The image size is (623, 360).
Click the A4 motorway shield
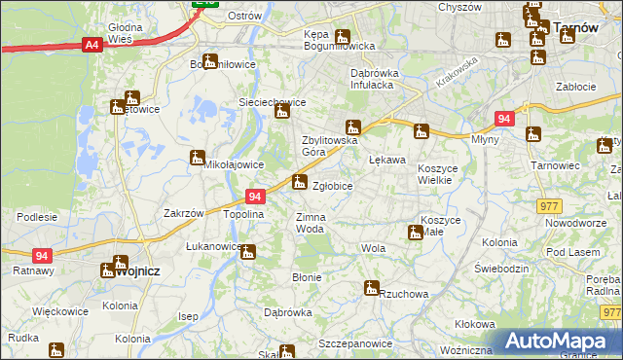[x=92, y=45]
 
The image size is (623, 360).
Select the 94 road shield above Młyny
[x=503, y=119]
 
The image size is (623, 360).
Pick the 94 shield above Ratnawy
[x=42, y=256]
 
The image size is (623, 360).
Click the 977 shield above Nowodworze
[x=549, y=205]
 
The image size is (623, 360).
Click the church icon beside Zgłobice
[x=299, y=181]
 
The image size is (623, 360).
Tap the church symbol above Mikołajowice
[x=198, y=156]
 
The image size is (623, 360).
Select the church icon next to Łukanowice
[x=247, y=253]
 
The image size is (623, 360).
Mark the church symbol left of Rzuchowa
[x=371, y=288]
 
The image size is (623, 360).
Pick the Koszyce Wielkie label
[x=444, y=174]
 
